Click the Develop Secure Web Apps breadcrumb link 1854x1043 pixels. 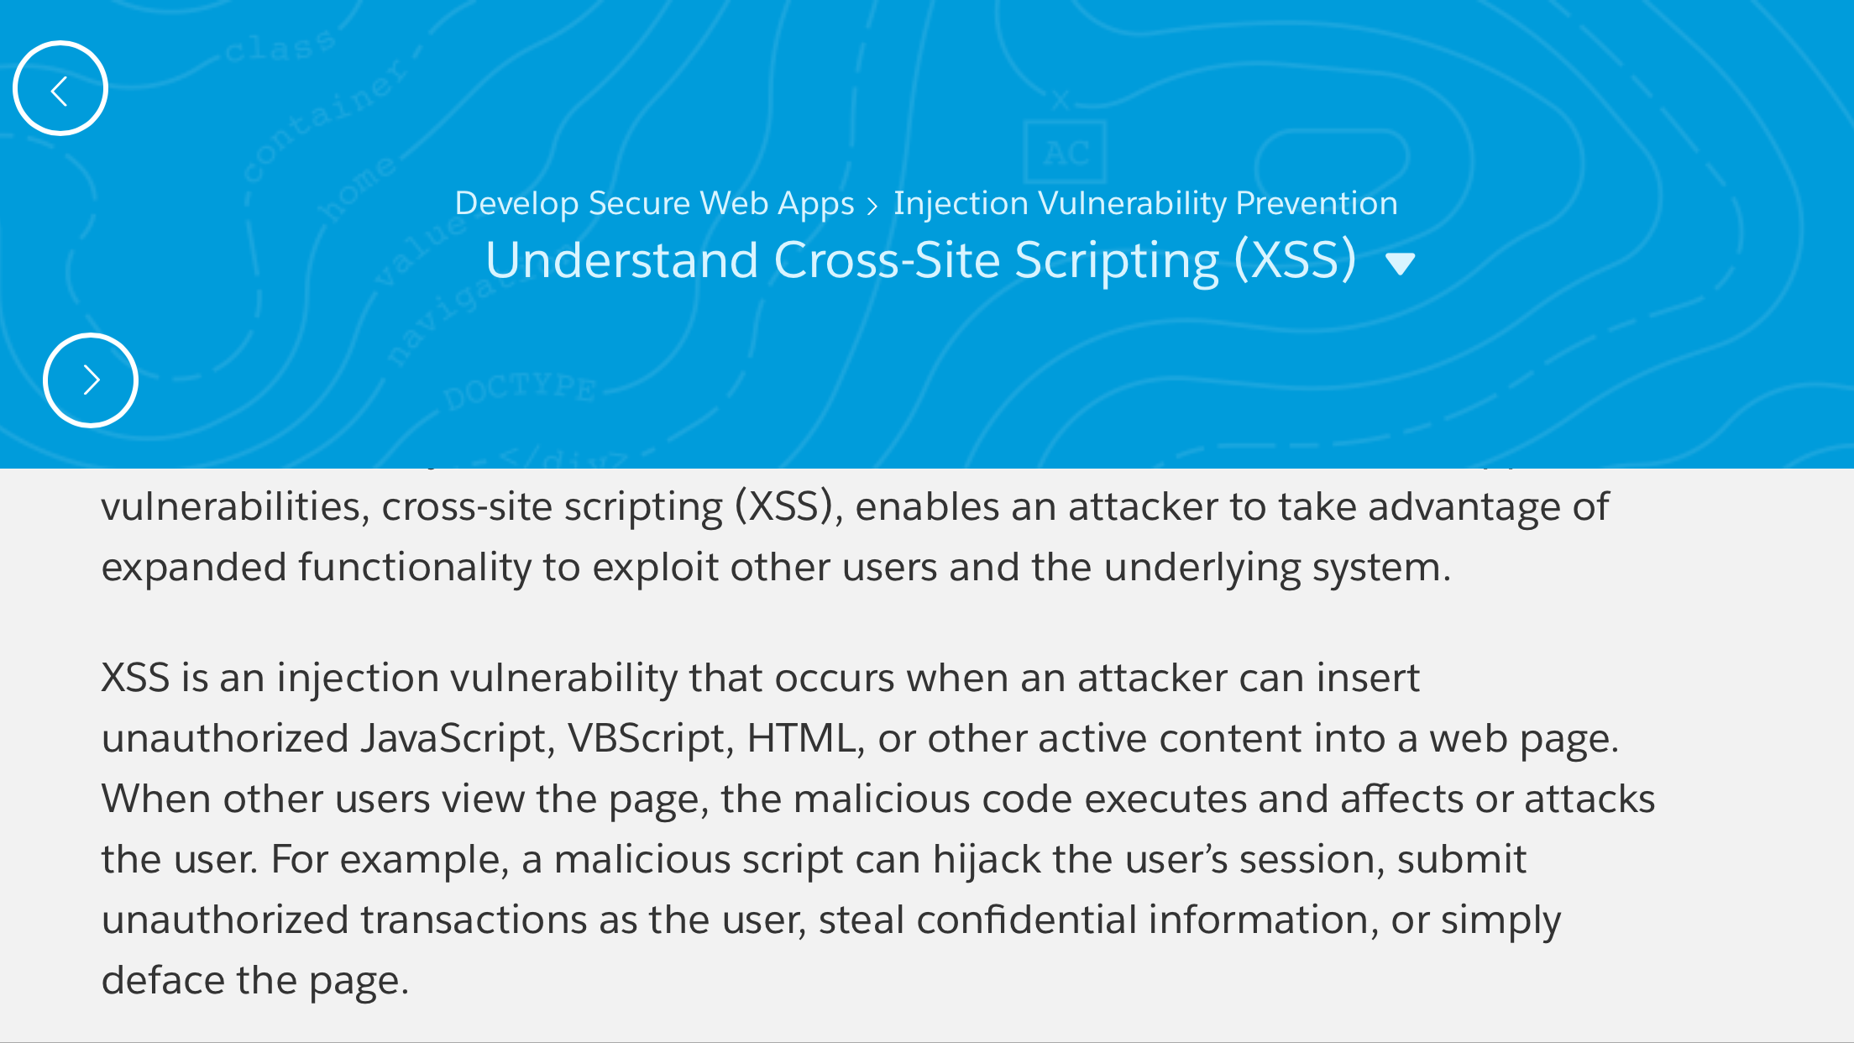[654, 204]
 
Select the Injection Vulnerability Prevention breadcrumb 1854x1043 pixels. [1145, 204]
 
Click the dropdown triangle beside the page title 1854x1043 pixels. [1401, 265]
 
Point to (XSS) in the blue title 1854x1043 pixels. [1296, 259]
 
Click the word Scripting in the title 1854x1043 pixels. [1117, 261]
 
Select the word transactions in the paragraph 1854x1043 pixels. [474, 920]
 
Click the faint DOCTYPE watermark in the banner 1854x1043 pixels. [520, 390]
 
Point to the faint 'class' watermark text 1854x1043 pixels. [280, 47]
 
